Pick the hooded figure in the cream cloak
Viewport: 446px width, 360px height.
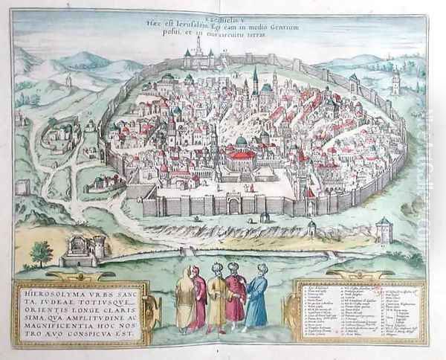pyautogui.click(x=184, y=300)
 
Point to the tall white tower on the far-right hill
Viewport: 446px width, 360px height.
pyautogui.click(x=395, y=82)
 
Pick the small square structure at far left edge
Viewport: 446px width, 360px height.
pyautogui.click(x=23, y=186)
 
